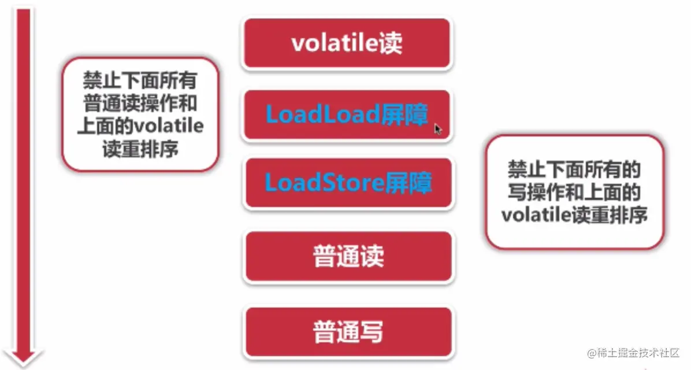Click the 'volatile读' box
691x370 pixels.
coord(347,44)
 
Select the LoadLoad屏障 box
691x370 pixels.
coord(347,114)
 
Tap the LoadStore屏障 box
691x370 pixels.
coord(348,183)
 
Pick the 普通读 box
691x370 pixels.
coord(348,256)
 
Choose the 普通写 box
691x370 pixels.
coord(348,332)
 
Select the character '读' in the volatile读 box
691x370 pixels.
coord(391,44)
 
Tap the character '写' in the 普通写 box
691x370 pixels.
coord(371,332)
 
